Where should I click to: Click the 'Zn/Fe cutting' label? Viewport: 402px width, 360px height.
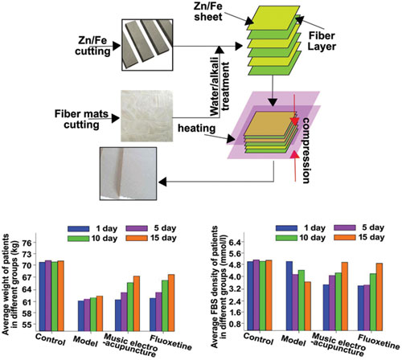coord(92,46)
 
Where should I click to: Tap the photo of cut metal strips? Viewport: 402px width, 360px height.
coord(147,45)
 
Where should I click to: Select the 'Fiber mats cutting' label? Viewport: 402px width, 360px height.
coord(81,119)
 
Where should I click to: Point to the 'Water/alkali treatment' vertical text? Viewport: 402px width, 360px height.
coord(220,89)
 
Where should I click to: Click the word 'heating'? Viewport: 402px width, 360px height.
coord(197,129)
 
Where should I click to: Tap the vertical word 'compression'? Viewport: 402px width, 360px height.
coord(306,150)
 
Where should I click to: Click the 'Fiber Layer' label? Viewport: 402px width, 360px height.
coord(322,41)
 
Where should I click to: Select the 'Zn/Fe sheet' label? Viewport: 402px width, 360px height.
coord(208,11)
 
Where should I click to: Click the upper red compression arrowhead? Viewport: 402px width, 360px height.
coord(295,121)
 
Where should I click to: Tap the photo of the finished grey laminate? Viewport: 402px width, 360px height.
coord(128,174)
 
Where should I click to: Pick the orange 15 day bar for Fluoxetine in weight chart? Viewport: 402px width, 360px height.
coord(171,303)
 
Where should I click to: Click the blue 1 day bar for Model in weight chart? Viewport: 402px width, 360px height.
coord(81,316)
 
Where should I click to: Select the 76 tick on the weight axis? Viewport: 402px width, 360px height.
coord(28,243)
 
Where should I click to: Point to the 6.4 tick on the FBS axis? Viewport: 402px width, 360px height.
coord(238,242)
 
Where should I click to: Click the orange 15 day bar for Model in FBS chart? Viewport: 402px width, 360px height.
coord(308,306)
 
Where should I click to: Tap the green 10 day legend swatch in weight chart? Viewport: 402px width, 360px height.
coord(78,239)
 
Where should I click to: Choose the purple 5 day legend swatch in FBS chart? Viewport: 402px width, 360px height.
coord(345,227)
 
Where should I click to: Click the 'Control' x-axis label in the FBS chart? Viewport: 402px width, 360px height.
coord(258,339)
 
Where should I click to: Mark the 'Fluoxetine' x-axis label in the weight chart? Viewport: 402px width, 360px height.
coord(170,343)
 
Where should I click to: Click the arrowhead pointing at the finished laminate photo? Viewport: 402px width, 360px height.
coord(163,182)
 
